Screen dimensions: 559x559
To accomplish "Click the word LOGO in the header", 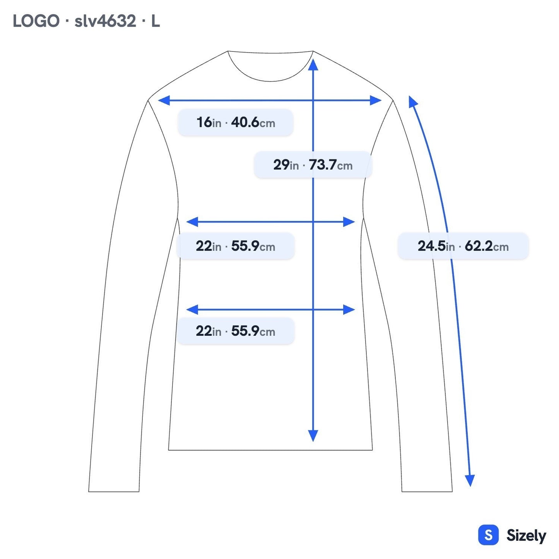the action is click(x=36, y=21).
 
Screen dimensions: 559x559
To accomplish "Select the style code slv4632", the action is click(x=105, y=21).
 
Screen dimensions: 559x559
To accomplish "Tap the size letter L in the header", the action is click(x=156, y=21).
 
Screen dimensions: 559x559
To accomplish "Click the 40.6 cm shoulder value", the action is click(x=253, y=122).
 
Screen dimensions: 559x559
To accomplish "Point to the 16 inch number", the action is click(x=204, y=122).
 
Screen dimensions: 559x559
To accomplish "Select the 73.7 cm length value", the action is click(x=330, y=165).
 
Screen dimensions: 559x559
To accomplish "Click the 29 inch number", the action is click(x=281, y=165).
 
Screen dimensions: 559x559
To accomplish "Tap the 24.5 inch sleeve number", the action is click(x=431, y=246).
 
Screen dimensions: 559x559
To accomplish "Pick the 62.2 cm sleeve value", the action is click(x=487, y=246).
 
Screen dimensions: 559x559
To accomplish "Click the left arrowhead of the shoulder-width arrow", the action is click(x=164, y=100).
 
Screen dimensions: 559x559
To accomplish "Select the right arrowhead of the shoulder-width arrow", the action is click(x=376, y=100).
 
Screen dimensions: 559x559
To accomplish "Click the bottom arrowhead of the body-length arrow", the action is click(x=313, y=436).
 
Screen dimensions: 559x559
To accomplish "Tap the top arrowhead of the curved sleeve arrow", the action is click(x=412, y=101).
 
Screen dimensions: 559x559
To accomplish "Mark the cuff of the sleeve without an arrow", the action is click(x=114, y=492).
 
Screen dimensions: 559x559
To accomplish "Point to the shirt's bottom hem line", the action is click(x=270, y=450).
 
